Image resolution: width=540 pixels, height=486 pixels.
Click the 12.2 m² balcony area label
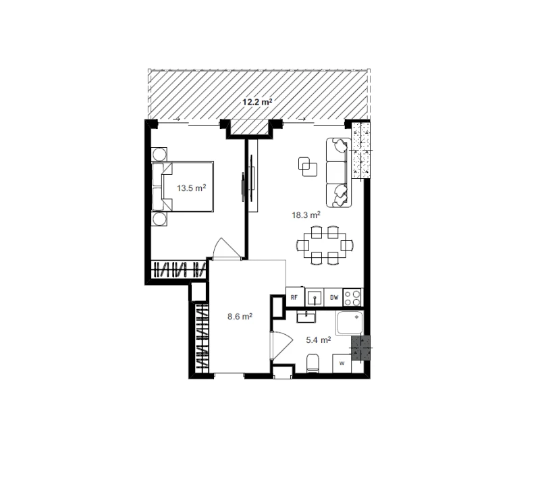pos(257,102)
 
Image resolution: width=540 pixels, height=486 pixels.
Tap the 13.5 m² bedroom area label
pos(192,188)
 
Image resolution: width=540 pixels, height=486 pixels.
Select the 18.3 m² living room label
pos(306,215)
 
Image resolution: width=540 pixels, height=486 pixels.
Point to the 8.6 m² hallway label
pos(240,316)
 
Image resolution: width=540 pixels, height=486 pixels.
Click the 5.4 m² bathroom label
pos(319,340)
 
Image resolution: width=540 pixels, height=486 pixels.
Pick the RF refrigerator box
pos(295,297)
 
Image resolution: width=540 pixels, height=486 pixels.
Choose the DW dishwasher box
pos(333,298)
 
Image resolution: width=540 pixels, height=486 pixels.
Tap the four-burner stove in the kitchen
pos(352,298)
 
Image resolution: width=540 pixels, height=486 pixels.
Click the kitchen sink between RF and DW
pos(315,298)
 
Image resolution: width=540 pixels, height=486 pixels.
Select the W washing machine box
pos(342,363)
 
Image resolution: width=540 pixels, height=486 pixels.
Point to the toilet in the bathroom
pos(313,363)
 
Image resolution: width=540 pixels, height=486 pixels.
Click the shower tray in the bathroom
pos(350,323)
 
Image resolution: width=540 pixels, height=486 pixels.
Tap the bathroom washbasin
pos(306,317)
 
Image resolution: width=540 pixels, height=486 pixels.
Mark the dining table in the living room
pos(325,246)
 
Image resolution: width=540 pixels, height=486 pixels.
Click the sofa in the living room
pos(339,173)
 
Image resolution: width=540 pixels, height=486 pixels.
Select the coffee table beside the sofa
pos(308,166)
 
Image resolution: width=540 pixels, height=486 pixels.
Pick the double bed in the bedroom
pos(182,186)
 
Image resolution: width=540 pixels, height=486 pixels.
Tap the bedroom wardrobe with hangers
pos(179,269)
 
